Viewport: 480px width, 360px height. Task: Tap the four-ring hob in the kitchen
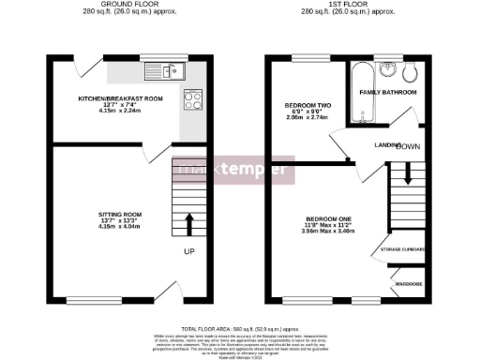tap(193, 97)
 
